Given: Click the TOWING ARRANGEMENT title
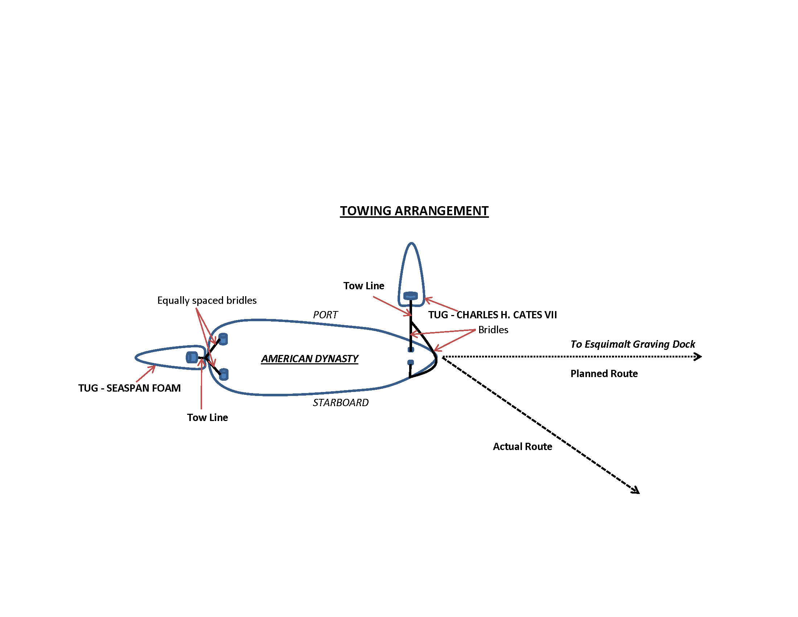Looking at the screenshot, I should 414,211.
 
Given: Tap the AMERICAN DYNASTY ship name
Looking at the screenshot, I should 309,359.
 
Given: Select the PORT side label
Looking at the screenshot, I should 325,315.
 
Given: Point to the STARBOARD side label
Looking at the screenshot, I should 341,403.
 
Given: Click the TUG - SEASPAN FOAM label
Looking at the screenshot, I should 129,388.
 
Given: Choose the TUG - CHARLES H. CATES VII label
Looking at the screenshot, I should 492,315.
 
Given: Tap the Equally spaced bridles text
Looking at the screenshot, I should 207,300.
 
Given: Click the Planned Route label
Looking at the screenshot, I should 604,373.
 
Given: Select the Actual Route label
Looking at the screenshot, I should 522,446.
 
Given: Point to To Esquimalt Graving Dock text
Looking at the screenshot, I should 633,344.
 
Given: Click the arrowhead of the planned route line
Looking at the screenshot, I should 698,356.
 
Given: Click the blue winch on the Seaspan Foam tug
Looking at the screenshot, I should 192,357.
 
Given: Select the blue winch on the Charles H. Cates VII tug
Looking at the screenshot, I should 410,295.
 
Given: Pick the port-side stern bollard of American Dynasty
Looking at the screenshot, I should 223,339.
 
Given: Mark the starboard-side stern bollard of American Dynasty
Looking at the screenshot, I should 223,374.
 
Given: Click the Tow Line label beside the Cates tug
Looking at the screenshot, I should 363,286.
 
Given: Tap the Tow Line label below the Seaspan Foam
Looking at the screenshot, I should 207,417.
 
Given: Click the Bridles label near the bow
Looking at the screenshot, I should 493,330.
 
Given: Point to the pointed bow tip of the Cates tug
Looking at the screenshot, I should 411,244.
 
